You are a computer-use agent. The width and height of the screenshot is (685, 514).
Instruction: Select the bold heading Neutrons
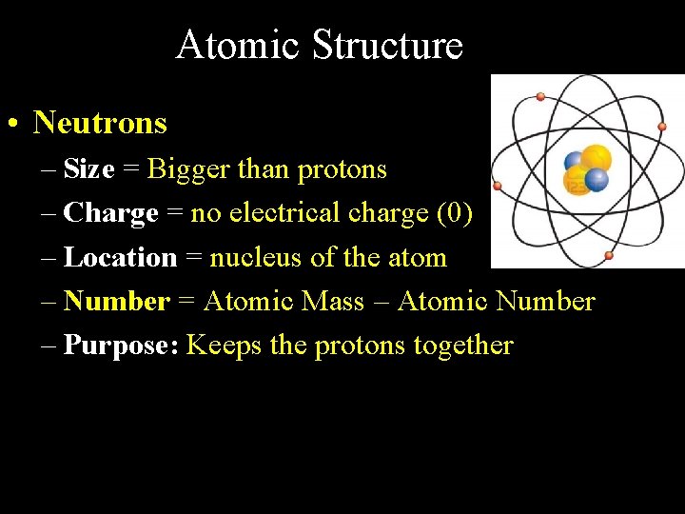(100, 123)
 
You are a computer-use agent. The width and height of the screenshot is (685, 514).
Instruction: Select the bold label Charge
(110, 213)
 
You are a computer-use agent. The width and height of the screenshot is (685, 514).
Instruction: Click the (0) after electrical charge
(453, 213)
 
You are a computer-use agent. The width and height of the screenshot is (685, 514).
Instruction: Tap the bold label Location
(120, 257)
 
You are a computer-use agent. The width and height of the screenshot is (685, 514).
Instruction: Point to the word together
(462, 346)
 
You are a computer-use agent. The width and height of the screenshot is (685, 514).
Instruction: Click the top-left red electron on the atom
(540, 96)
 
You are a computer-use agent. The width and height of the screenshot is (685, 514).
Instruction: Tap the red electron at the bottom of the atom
(609, 255)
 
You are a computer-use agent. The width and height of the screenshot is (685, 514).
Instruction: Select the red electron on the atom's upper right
(661, 126)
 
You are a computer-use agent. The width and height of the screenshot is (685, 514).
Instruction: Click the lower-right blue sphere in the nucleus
(597, 179)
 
